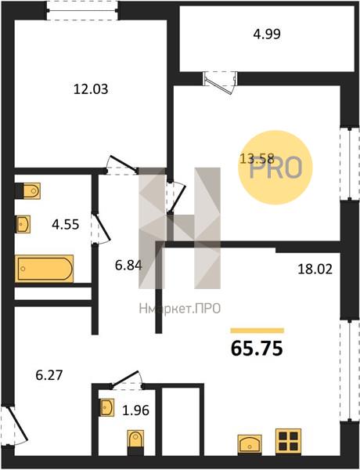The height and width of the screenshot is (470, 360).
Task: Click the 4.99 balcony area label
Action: [x=267, y=34]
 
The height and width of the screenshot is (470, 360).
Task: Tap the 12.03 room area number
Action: [x=91, y=89]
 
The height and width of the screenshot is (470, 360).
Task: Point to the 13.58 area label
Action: [x=257, y=158]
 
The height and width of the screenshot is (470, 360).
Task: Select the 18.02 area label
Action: [x=315, y=269]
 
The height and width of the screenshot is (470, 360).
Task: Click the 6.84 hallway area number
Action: [x=128, y=265]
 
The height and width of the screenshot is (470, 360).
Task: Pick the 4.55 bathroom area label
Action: [x=65, y=224]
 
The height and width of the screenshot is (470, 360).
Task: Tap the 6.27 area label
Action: [x=49, y=375]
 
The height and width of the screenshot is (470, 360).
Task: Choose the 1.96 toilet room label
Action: [x=135, y=410]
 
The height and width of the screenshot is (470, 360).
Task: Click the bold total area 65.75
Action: [x=257, y=349]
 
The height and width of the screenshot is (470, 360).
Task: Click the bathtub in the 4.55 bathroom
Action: [x=45, y=269]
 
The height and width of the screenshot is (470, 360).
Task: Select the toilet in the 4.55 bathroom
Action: [x=28, y=191]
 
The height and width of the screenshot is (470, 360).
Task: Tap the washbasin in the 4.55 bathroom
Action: [x=23, y=224]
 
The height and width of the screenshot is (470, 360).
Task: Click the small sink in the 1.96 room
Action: [x=107, y=407]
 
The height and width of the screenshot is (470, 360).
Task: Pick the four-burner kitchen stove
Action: [x=288, y=440]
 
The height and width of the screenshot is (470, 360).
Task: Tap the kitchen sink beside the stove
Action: [x=250, y=444]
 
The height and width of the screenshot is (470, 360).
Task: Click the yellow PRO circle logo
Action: [x=275, y=168]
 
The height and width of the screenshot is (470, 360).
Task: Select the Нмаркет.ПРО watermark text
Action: [x=180, y=309]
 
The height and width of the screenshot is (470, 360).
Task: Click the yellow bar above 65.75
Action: [x=257, y=331]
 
